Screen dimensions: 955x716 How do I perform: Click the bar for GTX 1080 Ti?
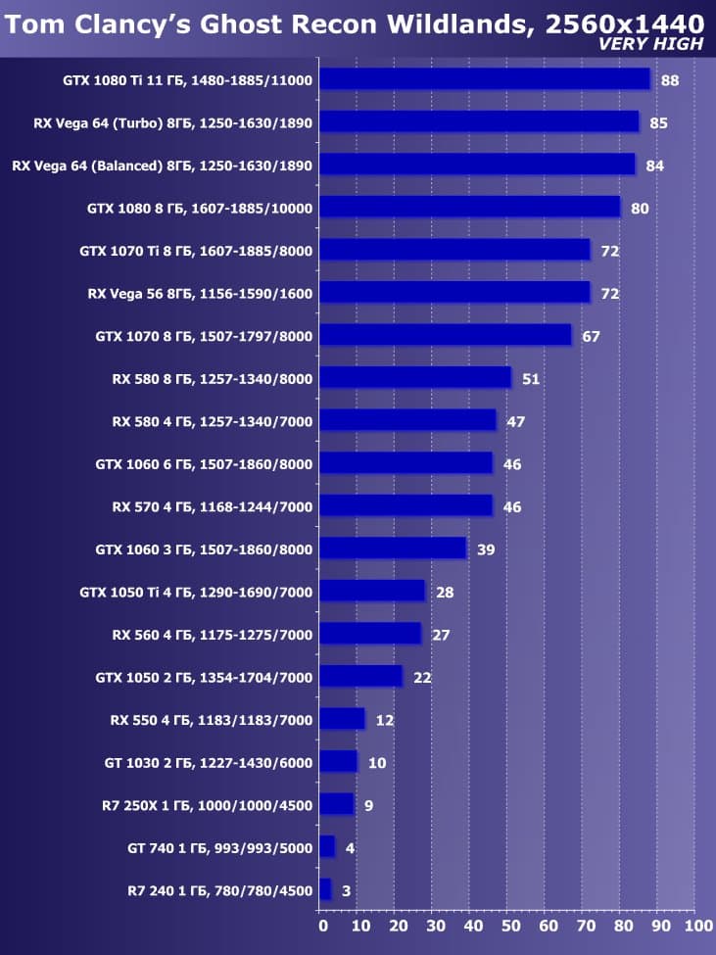point(485,79)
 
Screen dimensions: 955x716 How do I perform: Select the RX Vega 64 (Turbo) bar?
point(479,122)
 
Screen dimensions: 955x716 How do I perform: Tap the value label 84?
point(655,166)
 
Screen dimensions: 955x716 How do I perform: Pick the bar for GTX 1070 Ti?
point(454,250)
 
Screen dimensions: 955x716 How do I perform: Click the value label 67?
point(591,336)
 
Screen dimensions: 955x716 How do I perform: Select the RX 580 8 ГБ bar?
point(415,378)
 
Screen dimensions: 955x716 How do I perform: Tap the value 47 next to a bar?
point(516,421)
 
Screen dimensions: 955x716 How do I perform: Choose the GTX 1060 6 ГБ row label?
point(204,463)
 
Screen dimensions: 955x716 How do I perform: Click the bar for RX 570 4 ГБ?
point(406,506)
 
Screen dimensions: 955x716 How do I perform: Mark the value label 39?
point(486,549)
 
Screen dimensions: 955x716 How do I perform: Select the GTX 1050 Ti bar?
point(372,592)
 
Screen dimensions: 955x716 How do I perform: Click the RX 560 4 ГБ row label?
point(213,635)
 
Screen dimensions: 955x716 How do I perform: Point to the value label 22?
point(422,677)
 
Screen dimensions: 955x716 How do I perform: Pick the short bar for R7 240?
point(326,890)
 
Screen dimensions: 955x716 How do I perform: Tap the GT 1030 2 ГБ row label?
point(208,762)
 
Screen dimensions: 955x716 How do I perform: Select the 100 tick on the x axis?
point(695,925)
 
